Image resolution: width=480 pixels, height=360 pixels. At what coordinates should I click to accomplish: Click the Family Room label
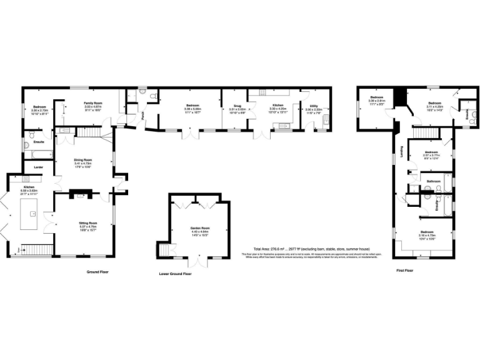[x=93, y=102]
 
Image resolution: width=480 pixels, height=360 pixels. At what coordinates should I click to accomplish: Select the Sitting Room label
[x=87, y=223]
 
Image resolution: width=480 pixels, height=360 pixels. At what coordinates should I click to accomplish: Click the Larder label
[x=29, y=167]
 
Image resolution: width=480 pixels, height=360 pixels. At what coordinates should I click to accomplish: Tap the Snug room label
[x=237, y=106]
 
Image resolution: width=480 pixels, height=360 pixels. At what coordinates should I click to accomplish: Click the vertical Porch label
[x=142, y=115]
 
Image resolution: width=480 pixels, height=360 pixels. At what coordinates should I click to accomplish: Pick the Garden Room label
[x=200, y=229]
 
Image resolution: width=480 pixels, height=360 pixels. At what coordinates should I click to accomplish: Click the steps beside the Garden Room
[x=165, y=250]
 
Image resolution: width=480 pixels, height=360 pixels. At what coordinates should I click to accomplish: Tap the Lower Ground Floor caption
[x=176, y=274]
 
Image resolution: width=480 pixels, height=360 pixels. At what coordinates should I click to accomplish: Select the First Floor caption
[x=405, y=271]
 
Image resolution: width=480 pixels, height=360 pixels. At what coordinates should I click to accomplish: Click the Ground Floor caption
[x=98, y=272]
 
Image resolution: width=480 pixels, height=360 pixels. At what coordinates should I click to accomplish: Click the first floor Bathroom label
[x=434, y=182]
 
